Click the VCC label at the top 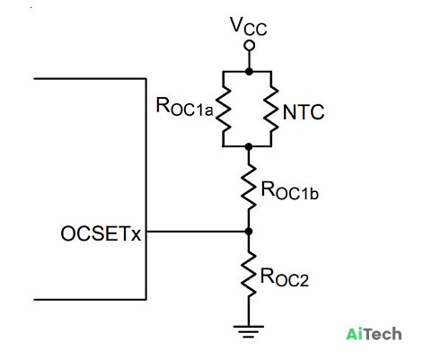coord(249,26)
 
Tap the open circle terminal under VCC coord(249,46)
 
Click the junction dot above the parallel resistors coord(249,72)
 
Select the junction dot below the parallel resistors coord(249,146)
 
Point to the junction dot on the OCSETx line coord(248,232)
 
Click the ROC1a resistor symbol coord(223,110)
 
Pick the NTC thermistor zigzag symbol coord(271,110)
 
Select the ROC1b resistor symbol coord(249,186)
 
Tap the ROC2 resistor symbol coord(249,275)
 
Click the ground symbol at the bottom coord(249,331)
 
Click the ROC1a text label coord(184,107)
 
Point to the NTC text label coord(304,112)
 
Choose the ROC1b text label coord(289,190)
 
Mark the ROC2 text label coord(285,278)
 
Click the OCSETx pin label coord(101,233)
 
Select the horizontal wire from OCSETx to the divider coord(198,232)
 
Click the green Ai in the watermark coord(355,334)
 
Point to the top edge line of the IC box coord(90,79)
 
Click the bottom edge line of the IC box coord(90,299)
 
